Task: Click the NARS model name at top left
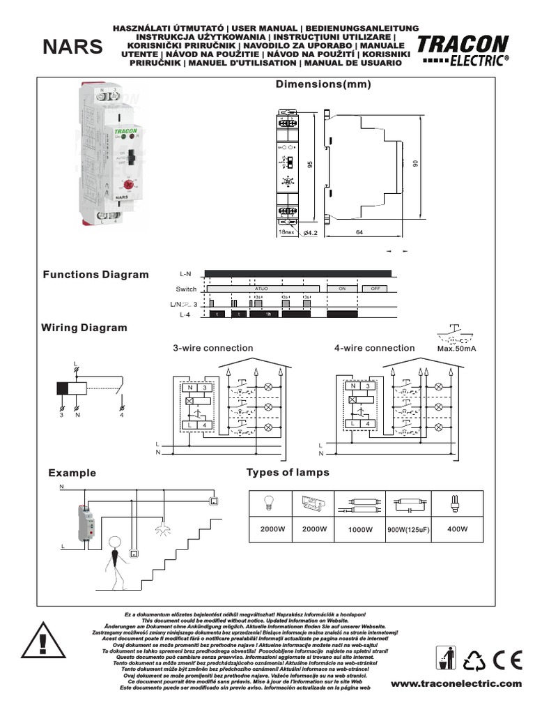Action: [72, 47]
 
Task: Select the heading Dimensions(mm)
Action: [323, 84]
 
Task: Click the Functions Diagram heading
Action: [96, 274]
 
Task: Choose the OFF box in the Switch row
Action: [375, 289]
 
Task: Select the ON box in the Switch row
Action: [342, 289]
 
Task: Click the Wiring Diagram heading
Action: [84, 327]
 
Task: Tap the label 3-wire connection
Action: [213, 348]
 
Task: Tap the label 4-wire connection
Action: [374, 348]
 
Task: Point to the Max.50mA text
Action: [456, 348]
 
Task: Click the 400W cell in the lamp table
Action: [458, 529]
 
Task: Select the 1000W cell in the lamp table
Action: [360, 530]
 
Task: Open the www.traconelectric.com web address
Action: [456, 684]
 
